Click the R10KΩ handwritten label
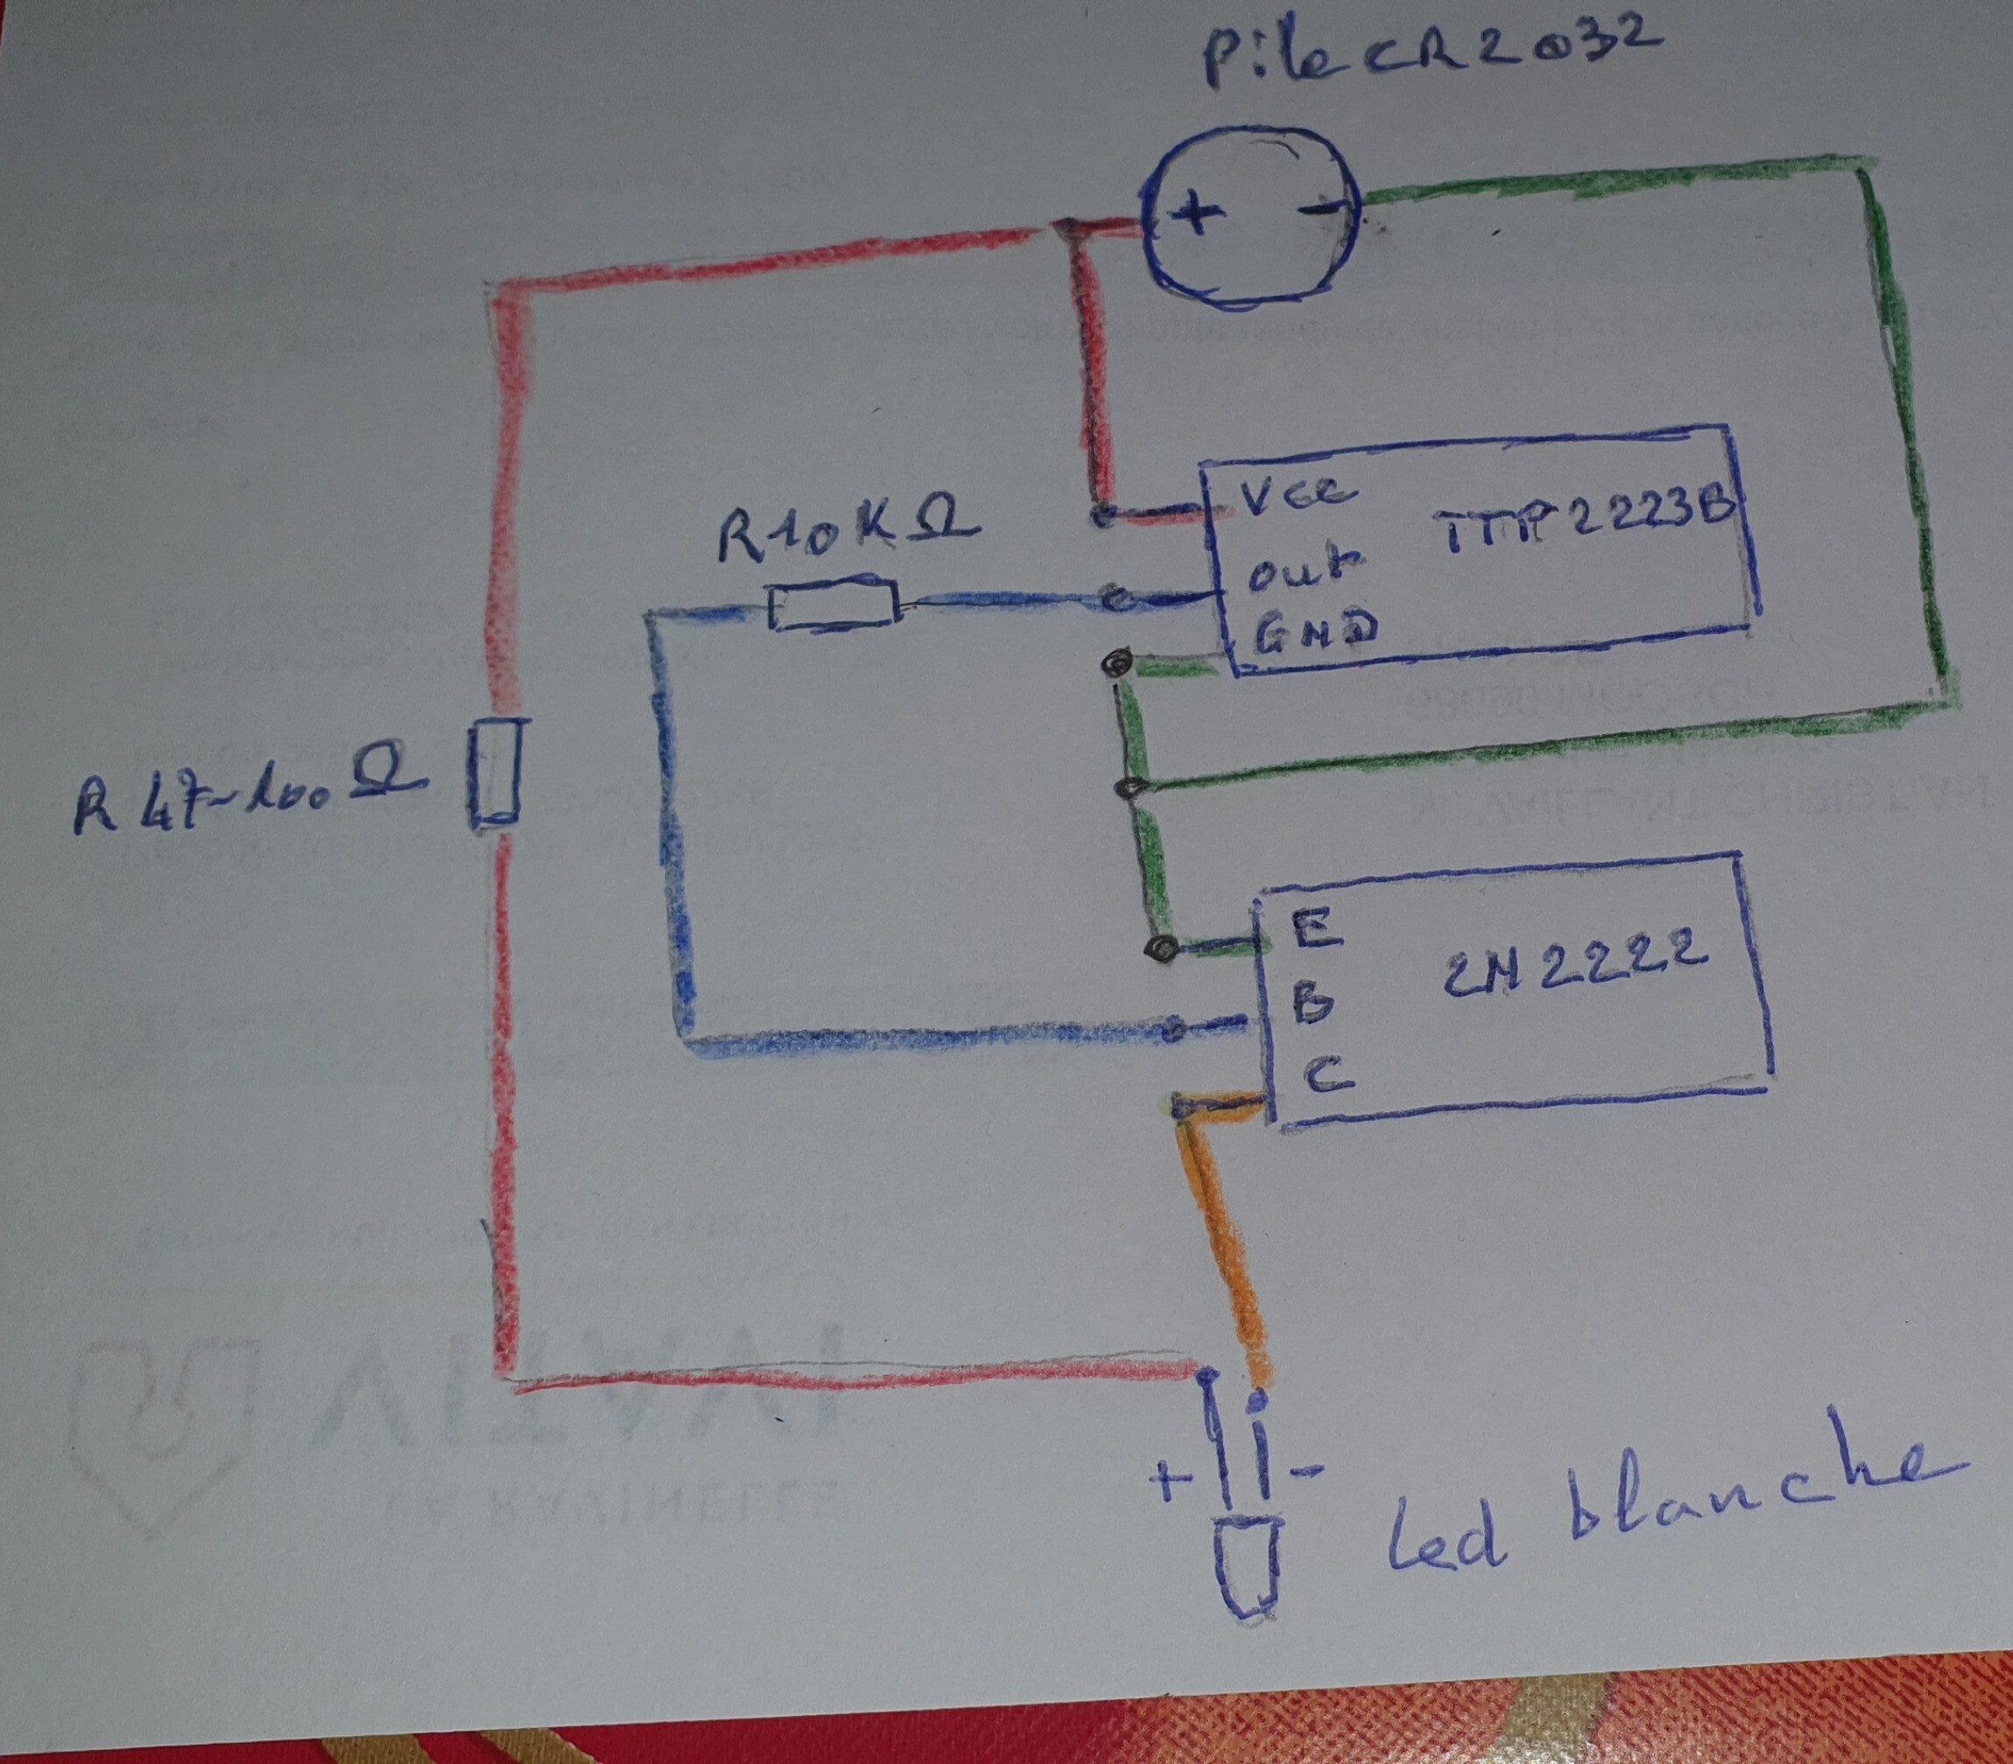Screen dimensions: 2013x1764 coord(846,533)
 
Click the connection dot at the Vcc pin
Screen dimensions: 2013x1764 coord(1104,514)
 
